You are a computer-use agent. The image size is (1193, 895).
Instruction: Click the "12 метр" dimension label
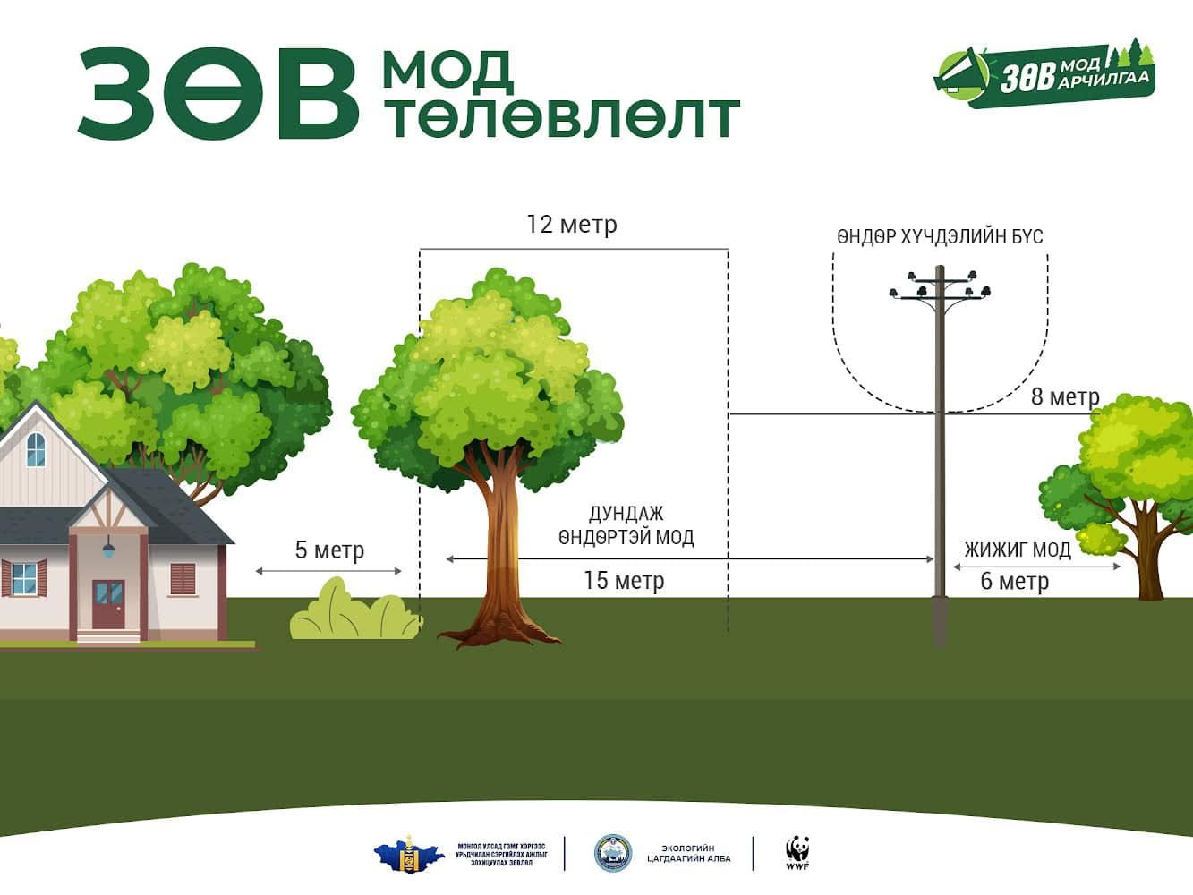click(572, 224)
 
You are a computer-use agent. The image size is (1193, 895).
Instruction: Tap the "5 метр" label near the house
click(329, 550)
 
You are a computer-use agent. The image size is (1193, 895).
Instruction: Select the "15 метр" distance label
click(624, 581)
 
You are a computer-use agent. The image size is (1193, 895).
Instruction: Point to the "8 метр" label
click(1065, 396)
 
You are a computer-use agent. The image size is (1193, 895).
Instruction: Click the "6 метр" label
click(1014, 582)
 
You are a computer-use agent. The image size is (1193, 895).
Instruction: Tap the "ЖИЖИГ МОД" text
click(1018, 550)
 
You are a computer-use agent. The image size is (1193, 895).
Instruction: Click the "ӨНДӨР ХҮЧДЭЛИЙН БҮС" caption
click(940, 237)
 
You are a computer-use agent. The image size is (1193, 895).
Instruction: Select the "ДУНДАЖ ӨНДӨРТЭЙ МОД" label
click(626, 525)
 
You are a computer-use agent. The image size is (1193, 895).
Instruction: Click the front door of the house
click(109, 604)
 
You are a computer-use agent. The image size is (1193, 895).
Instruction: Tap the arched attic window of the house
click(36, 449)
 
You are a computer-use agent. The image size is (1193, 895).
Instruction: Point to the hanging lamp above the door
click(108, 548)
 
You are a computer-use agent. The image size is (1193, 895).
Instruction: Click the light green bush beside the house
click(354, 612)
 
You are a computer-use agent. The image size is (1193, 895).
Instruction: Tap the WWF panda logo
click(797, 853)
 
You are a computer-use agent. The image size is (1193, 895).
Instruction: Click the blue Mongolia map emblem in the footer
click(409, 854)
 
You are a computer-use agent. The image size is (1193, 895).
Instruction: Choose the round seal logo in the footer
click(613, 853)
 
